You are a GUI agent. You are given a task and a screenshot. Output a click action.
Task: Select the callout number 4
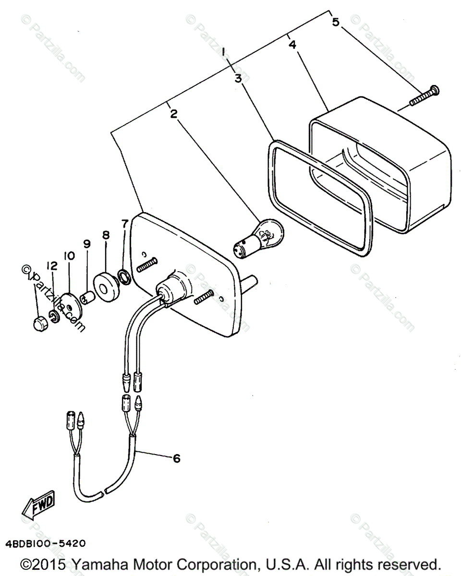tap(292, 45)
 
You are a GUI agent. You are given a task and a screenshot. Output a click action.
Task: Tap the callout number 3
tap(238, 78)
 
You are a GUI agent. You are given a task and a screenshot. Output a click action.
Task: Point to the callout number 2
tap(173, 114)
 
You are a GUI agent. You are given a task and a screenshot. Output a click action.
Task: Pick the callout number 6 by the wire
tap(176, 458)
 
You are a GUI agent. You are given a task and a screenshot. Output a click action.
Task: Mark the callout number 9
tap(87, 244)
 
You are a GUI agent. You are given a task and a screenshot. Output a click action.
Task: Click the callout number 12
tap(52, 265)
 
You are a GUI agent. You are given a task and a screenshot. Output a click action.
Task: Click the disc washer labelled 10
tap(70, 307)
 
